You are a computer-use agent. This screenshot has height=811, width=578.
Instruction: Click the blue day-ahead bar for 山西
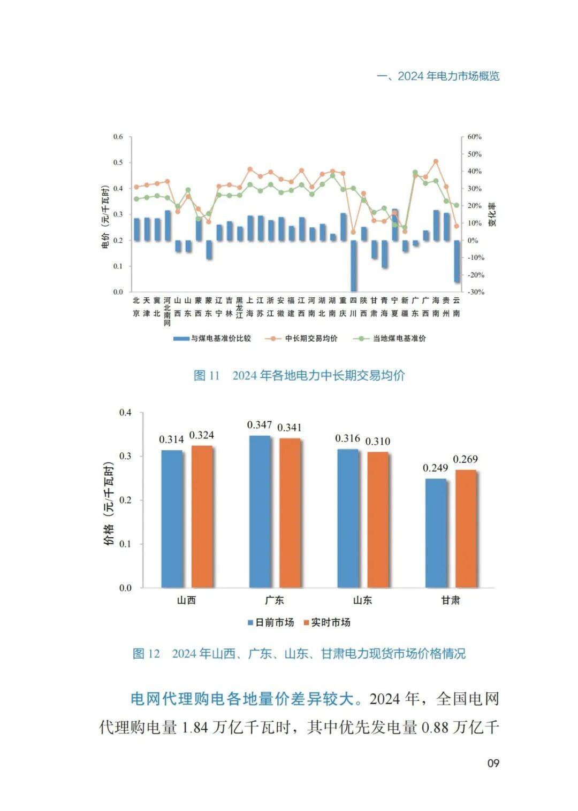pyautogui.click(x=172, y=519)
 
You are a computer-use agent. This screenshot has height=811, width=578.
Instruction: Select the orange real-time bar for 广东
pyautogui.click(x=290, y=513)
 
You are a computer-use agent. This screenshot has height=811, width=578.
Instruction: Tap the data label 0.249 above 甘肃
pyautogui.click(x=435, y=468)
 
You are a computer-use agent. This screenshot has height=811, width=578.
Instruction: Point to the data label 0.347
pyautogui.click(x=260, y=425)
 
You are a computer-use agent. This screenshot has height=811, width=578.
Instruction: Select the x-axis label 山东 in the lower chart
pyautogui.click(x=362, y=600)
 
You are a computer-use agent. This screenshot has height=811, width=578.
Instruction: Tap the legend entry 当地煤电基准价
pyautogui.click(x=399, y=338)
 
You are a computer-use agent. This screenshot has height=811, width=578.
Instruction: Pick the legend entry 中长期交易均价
pyautogui.click(x=311, y=338)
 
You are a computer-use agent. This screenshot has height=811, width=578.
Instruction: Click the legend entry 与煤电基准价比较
pyautogui.click(x=220, y=338)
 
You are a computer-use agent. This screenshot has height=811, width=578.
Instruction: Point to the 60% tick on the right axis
pyautogui.click(x=474, y=137)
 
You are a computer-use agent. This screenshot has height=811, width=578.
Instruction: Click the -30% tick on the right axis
pyautogui.click(x=475, y=292)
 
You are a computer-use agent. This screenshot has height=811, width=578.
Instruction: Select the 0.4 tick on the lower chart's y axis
pyautogui.click(x=125, y=413)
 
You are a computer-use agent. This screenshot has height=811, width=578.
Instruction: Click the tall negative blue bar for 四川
pyautogui.click(x=353, y=265)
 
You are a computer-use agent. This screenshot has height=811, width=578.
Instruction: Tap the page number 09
pyautogui.click(x=493, y=763)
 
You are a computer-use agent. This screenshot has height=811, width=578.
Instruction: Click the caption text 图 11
pyautogui.click(x=207, y=375)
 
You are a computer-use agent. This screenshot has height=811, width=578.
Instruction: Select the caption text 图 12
pyautogui.click(x=146, y=653)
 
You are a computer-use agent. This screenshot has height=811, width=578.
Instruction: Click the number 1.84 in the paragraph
pyautogui.click(x=195, y=728)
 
